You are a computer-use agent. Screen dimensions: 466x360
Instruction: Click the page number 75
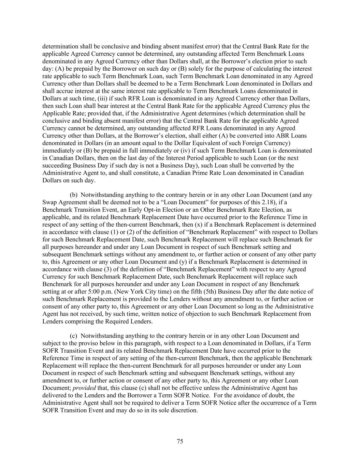[180, 441]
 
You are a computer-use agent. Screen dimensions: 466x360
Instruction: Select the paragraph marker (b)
[74, 195]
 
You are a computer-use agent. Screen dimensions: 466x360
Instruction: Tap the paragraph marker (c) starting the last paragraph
[74, 336]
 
